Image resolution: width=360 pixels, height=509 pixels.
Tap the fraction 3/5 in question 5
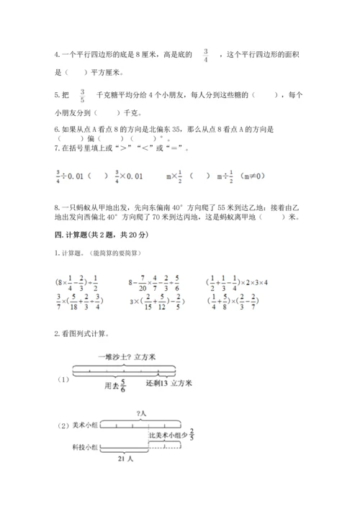(x=82, y=95)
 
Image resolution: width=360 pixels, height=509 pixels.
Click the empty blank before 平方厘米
(x=73, y=72)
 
